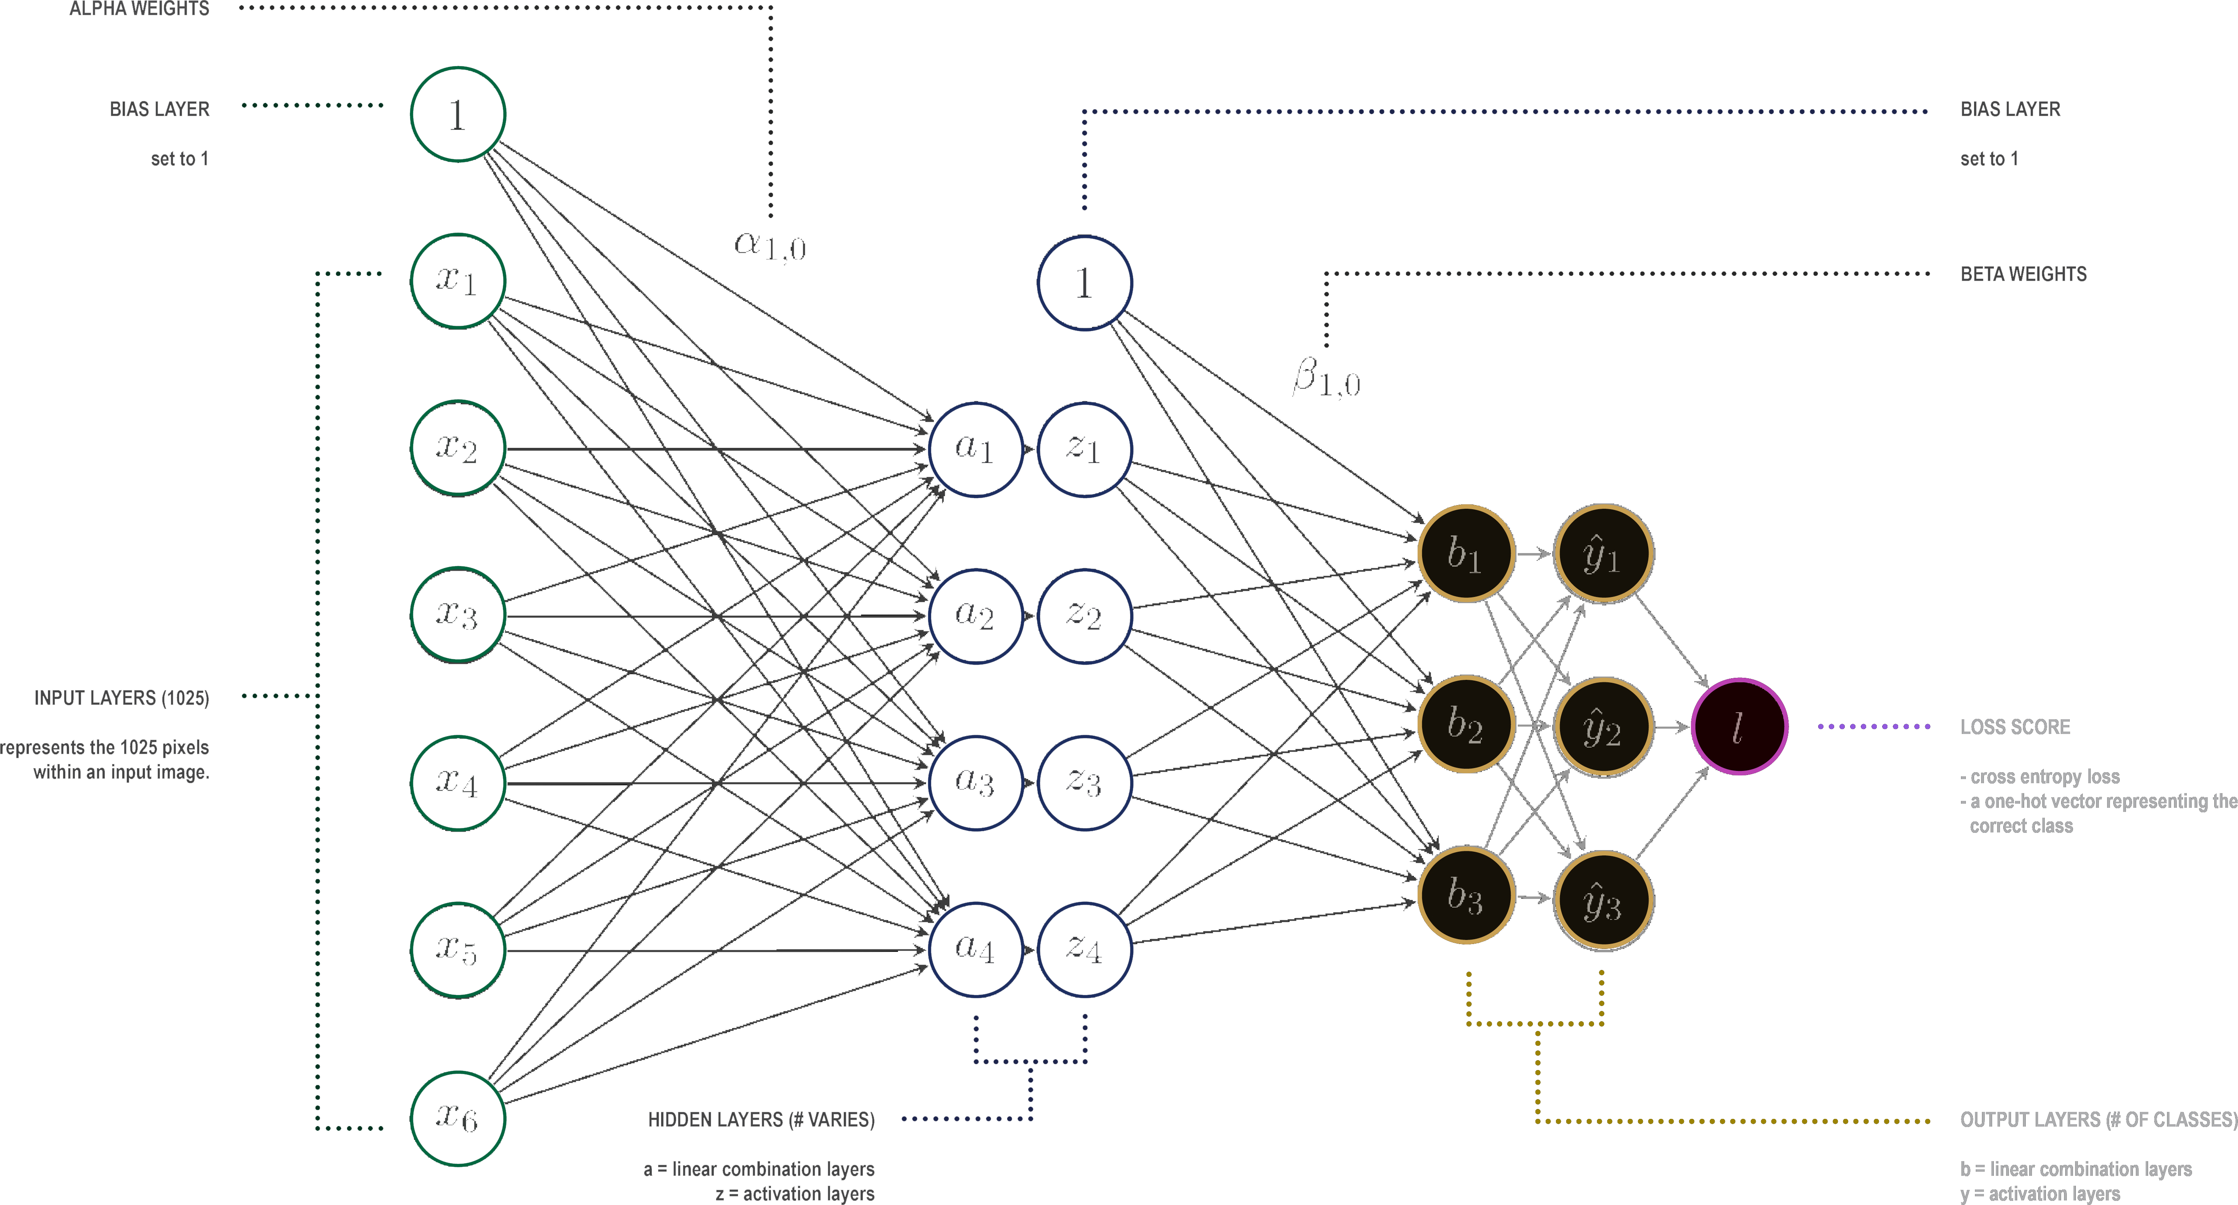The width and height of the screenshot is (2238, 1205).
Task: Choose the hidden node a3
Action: tap(976, 783)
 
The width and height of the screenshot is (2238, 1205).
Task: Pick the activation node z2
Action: tap(1084, 616)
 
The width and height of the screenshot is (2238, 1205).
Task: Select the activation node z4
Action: tap(1084, 949)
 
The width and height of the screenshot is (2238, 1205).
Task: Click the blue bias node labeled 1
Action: tap(1084, 282)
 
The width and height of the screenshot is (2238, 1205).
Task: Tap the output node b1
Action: tap(1466, 553)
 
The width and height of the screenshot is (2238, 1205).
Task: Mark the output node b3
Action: tap(1466, 896)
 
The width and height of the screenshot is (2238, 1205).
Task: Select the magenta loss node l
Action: tap(1739, 726)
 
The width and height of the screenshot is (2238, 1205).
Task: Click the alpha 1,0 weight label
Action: tap(770, 246)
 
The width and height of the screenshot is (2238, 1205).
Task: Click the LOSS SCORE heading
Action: tap(2015, 727)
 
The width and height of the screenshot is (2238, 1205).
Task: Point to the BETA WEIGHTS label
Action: tap(2023, 274)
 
